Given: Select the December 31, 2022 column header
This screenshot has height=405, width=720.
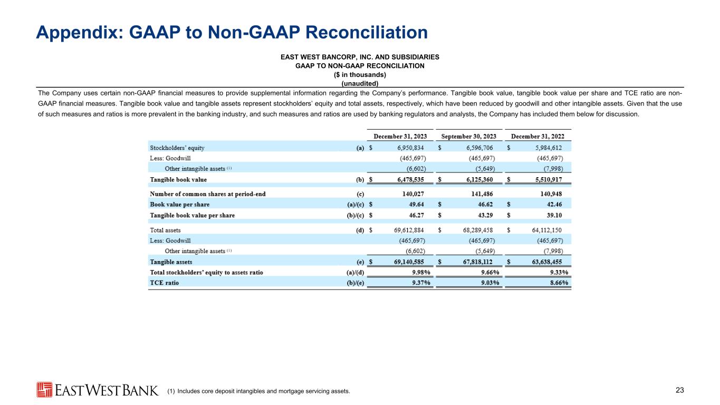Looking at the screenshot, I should click(537, 136).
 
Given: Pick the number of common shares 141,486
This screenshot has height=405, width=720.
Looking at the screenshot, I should click(483, 194).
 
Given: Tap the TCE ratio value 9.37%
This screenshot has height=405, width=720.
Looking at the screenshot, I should click(418, 283).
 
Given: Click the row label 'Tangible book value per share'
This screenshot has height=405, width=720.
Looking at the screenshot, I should click(193, 215).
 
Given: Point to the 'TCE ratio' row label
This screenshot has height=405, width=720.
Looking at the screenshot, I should click(165, 283).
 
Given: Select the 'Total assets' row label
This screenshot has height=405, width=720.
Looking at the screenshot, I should click(166, 230).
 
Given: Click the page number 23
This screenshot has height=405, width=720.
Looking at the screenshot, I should click(679, 390).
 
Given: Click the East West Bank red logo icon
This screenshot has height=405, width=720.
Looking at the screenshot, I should click(44, 390).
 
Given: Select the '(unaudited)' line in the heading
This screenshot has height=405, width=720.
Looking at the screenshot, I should click(360, 83).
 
